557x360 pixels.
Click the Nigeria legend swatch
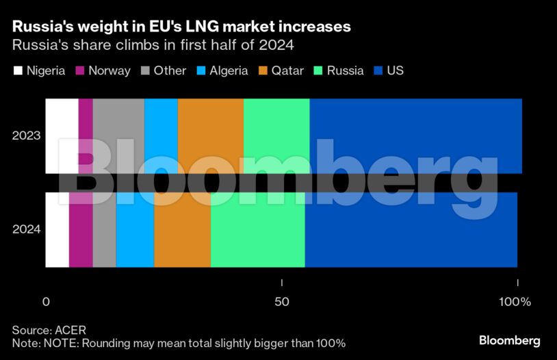click(x=18, y=70)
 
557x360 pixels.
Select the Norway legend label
click(x=109, y=70)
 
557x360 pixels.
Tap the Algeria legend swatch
click(x=203, y=70)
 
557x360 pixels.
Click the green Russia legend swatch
click(x=318, y=70)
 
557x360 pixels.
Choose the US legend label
click(x=396, y=70)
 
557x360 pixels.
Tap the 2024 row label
click(x=27, y=229)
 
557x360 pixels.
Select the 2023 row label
click(x=27, y=136)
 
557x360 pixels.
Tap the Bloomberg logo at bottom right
click(x=509, y=340)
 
